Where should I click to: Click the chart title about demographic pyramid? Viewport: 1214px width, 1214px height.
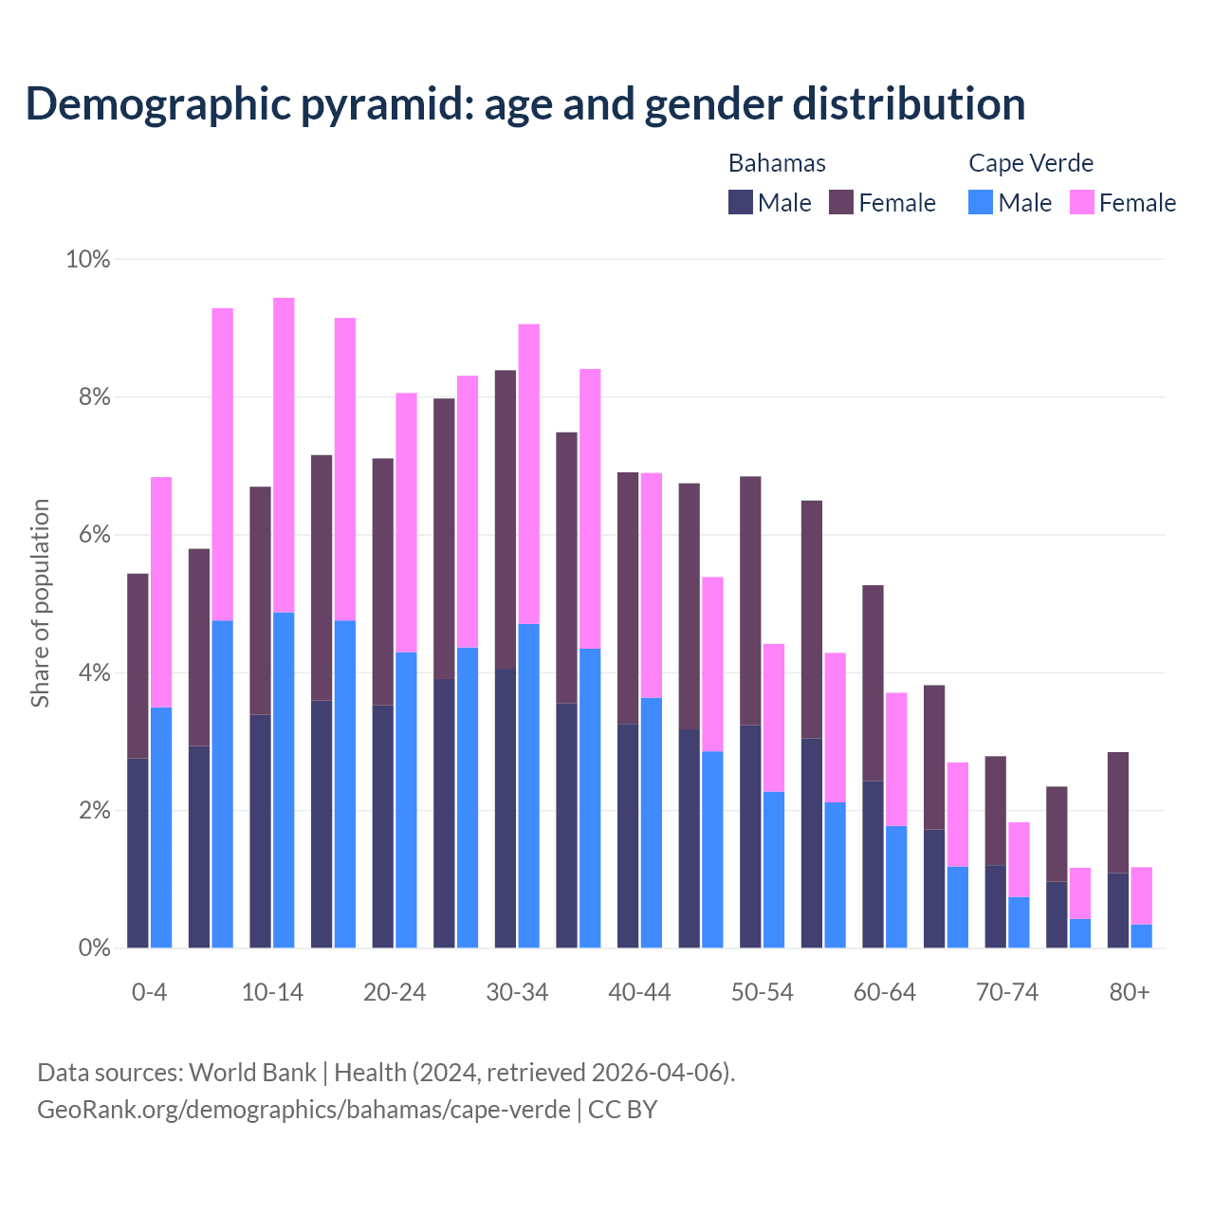coord(525,104)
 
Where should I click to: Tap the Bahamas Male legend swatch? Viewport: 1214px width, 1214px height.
coord(741,202)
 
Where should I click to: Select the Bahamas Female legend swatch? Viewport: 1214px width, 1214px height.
coord(841,202)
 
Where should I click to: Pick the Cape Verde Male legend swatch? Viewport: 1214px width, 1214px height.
coord(981,202)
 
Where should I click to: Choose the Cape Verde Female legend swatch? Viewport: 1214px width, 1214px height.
coord(1081,202)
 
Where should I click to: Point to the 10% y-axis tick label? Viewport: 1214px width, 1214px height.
coord(87,259)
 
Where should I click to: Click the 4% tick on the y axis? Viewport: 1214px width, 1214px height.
coord(93,673)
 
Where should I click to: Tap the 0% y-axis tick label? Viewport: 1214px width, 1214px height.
coord(93,948)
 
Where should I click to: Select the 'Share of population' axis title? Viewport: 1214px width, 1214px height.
coord(40,603)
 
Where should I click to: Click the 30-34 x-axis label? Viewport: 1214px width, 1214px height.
coord(517,993)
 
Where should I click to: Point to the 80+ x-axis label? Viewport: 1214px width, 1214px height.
coord(1130,993)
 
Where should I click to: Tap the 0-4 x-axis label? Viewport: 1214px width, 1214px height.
coord(150,993)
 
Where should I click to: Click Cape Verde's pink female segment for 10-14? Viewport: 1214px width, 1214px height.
coord(284,455)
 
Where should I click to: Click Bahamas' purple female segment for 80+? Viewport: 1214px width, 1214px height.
coord(1118,812)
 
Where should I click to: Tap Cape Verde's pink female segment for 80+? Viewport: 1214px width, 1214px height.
coord(1142,895)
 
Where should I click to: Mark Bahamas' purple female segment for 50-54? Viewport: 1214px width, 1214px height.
coord(750,600)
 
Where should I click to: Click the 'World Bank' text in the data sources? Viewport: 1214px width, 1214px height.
coord(252,1073)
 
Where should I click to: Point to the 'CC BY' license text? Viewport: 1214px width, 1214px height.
coord(622,1110)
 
